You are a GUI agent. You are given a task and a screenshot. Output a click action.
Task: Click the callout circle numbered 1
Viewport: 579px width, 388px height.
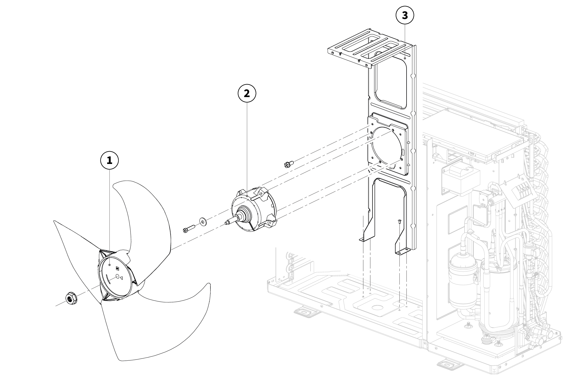tap(110, 160)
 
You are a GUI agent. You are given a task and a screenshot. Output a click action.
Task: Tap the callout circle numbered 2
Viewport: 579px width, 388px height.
tap(247, 93)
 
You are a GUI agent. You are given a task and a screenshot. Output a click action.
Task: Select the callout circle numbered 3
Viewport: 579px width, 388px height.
tap(405, 15)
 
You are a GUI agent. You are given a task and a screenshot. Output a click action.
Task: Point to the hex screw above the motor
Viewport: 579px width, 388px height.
tap(289, 164)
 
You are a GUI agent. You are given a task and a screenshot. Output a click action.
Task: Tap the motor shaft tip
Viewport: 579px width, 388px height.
tap(227, 222)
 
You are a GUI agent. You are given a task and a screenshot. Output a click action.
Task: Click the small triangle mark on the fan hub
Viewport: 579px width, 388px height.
tap(121, 278)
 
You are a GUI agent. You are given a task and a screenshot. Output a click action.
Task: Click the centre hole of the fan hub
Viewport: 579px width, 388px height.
tap(117, 276)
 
